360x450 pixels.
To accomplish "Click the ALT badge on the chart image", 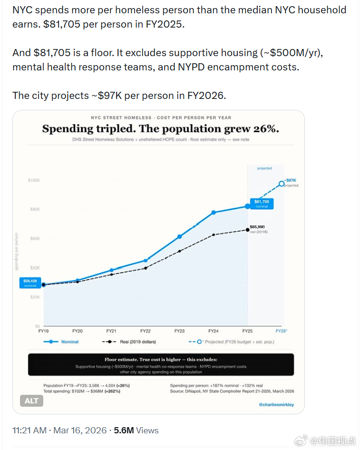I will tap(31, 401).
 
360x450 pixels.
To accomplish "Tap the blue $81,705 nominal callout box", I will tap(262, 204).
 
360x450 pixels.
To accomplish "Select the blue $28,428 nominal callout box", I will tap(30, 283).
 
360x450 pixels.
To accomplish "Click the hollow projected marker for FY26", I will tap(282, 184).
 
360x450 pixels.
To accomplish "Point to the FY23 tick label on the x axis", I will tap(179, 331).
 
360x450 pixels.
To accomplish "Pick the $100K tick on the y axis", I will tap(34, 180).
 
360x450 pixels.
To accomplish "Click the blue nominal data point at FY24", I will tap(214, 212).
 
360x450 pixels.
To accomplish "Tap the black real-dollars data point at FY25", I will tap(247, 230).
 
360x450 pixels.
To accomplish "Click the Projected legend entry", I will tap(231, 342).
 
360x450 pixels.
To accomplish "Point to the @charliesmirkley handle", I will tap(276, 404).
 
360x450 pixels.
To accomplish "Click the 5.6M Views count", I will tap(136, 430).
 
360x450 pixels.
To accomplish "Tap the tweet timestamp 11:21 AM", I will tap(29, 430).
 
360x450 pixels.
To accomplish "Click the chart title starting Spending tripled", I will tap(160, 129).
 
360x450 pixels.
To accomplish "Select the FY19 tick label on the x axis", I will tap(44, 331).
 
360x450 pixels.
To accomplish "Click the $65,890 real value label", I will tap(257, 227).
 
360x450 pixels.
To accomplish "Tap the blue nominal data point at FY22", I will tap(146, 260).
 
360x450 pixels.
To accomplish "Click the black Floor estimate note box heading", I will tap(161, 360).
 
